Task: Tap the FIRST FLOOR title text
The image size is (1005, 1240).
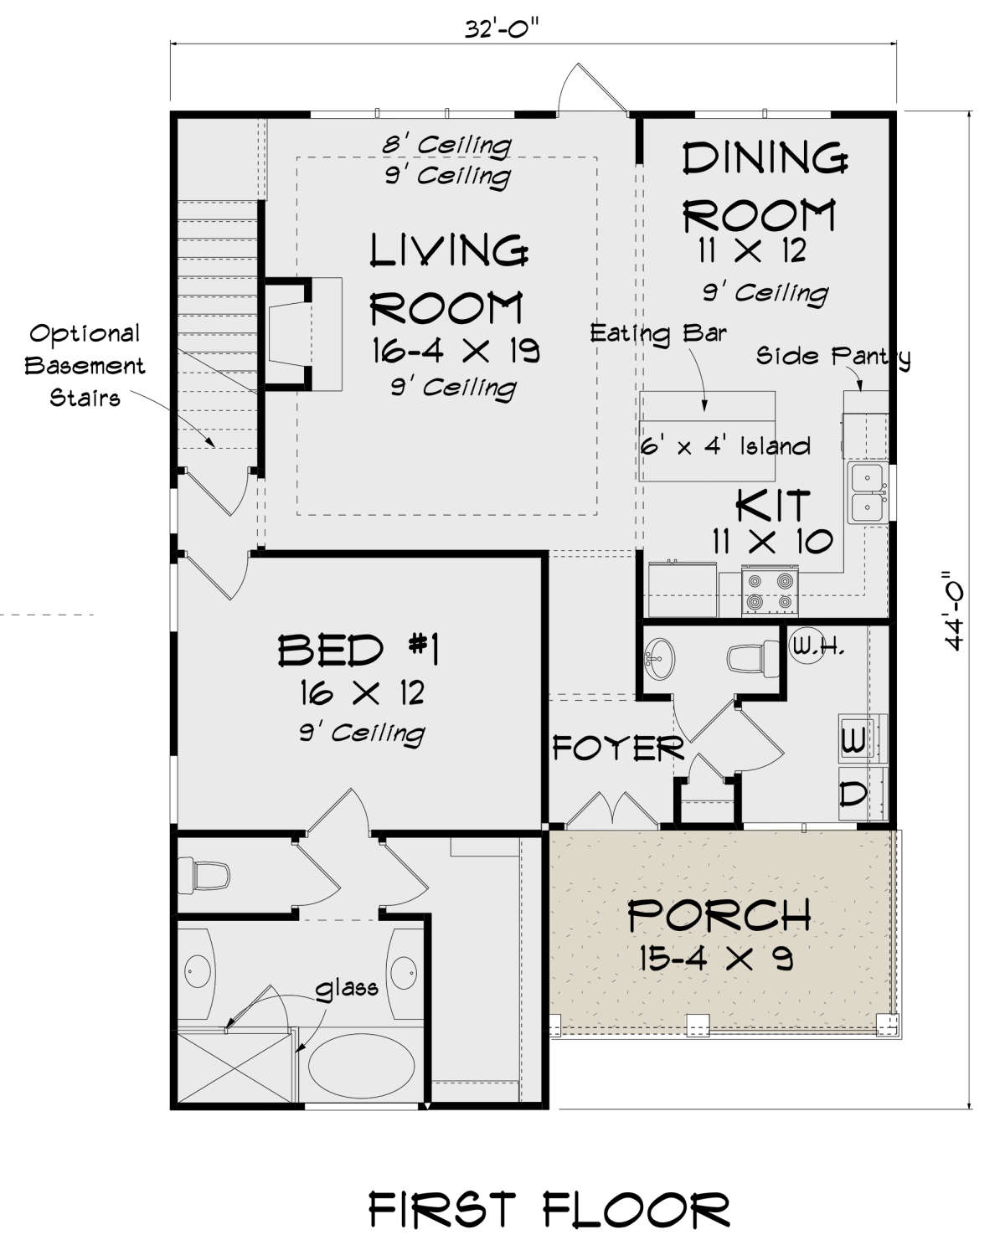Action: [549, 1206]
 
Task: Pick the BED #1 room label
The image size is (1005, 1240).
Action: [358, 650]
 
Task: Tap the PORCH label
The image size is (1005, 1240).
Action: [719, 915]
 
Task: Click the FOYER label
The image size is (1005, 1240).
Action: [618, 748]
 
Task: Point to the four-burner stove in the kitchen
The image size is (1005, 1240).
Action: [769, 590]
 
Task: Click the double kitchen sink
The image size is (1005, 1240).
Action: [867, 493]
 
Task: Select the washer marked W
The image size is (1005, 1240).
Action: [863, 738]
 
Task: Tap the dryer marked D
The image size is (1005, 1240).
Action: [863, 794]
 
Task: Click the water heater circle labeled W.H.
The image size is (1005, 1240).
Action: [807, 646]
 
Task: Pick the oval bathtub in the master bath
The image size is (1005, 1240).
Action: [361, 1066]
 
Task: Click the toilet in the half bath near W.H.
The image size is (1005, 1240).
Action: [753, 659]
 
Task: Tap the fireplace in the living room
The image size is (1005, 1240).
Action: [303, 334]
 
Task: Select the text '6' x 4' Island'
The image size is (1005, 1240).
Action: [724, 446]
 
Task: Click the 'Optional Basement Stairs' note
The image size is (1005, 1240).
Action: [85, 366]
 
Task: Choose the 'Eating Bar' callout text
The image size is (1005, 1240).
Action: [658, 333]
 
